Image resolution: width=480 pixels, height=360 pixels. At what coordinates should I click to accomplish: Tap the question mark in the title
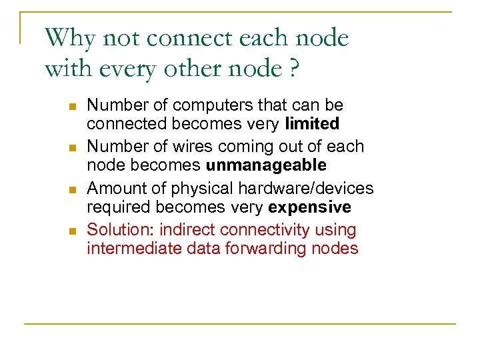click(x=291, y=69)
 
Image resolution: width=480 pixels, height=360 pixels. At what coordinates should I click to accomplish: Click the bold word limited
click(x=312, y=123)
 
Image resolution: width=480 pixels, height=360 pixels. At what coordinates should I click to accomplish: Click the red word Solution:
click(x=121, y=230)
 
